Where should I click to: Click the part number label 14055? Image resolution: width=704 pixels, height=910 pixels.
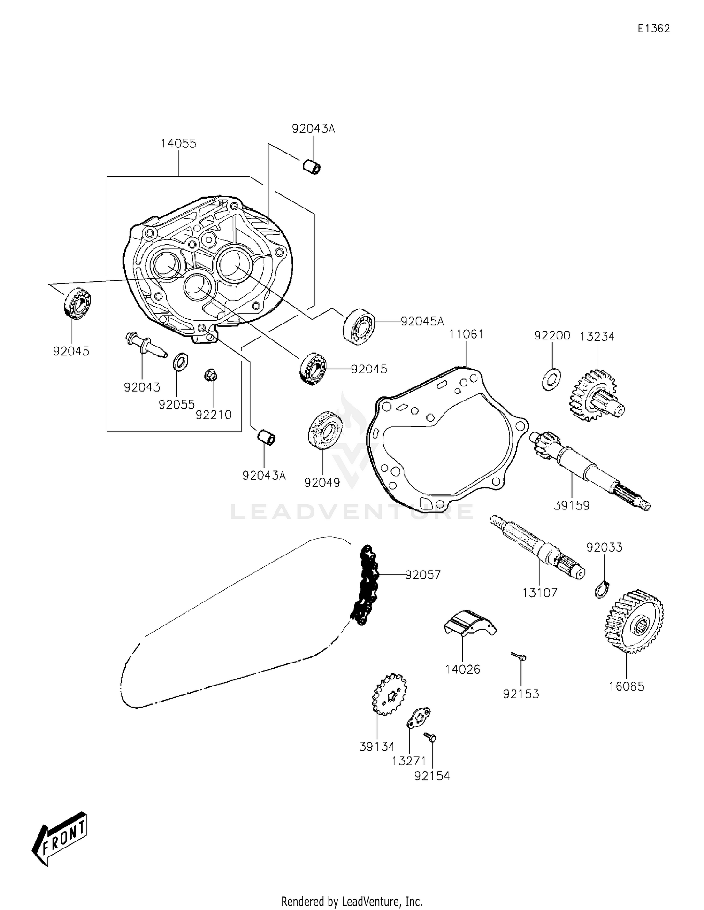click(x=178, y=144)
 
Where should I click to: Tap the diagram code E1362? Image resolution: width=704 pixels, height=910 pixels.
click(x=653, y=29)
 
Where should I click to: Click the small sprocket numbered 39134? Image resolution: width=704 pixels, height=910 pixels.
click(x=390, y=694)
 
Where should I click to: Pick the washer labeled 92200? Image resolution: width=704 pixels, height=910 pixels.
click(x=551, y=379)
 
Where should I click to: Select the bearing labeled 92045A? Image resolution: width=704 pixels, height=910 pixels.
click(x=359, y=327)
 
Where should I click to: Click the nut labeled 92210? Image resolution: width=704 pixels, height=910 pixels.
click(x=211, y=376)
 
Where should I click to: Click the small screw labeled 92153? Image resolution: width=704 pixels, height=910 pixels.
click(x=520, y=656)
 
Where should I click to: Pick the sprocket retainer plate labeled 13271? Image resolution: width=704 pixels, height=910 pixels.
click(x=418, y=718)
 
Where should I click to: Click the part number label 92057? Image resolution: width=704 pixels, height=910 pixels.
click(x=423, y=575)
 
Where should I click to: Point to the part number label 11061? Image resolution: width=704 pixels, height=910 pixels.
click(x=466, y=334)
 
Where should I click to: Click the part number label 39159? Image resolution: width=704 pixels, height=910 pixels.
click(x=571, y=506)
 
